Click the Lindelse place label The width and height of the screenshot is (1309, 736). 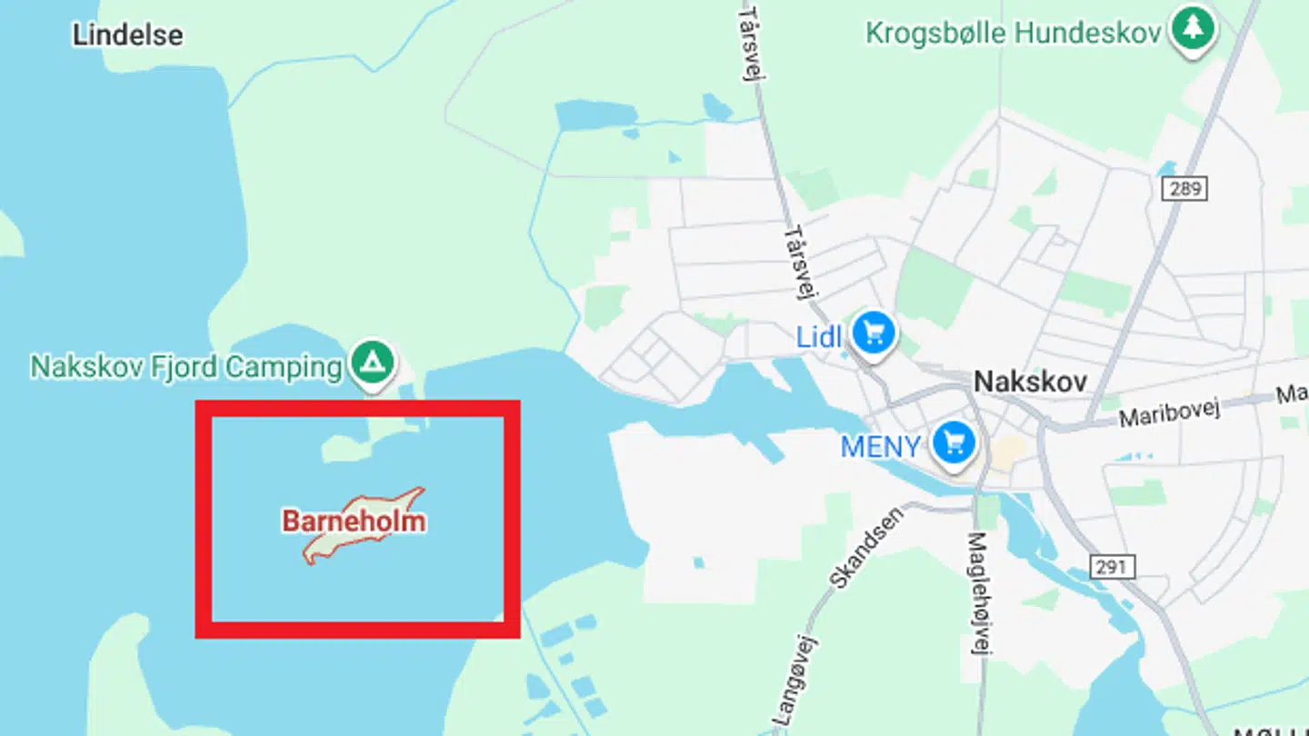coord(127,35)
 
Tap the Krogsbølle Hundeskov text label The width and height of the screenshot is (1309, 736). coord(1014,34)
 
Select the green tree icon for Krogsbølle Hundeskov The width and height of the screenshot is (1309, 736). coord(1193,29)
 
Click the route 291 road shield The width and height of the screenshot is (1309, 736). coord(1111,567)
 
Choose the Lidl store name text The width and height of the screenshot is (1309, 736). coord(820,336)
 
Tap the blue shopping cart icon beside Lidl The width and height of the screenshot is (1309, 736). coord(874,333)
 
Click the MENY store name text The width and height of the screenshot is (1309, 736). coord(880,446)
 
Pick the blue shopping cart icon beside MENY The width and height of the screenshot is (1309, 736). coord(954,443)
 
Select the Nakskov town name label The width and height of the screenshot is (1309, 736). coord(1030,382)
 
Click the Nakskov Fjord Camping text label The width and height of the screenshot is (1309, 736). coord(186,367)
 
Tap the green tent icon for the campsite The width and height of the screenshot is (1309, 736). coord(373,361)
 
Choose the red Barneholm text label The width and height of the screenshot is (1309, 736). coord(354,522)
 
